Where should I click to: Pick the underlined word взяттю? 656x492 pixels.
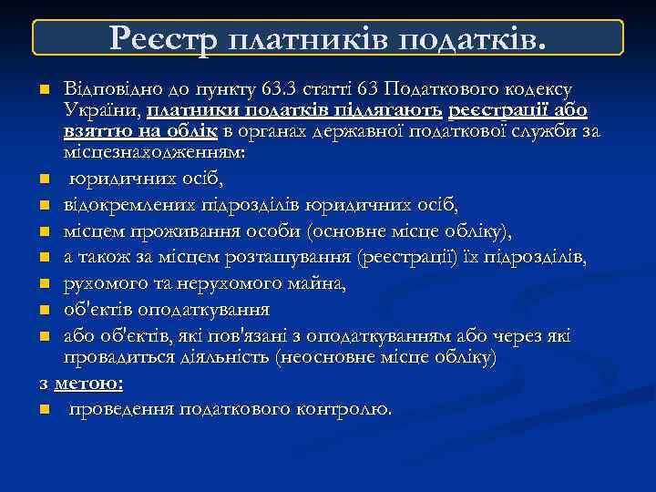coord(94,131)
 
